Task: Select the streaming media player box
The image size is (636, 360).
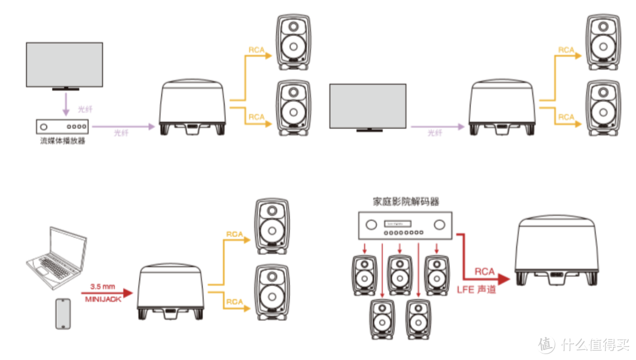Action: [x=62, y=126]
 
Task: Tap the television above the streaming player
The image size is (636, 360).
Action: [x=65, y=65]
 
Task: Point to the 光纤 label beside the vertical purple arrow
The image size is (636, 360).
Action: [x=85, y=110]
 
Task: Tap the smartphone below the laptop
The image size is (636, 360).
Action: [x=62, y=313]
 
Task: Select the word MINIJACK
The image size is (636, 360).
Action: [x=104, y=300]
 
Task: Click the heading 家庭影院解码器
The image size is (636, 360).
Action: [x=406, y=202]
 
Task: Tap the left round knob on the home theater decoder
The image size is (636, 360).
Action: [x=372, y=224]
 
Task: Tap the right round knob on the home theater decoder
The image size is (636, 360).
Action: [x=439, y=224]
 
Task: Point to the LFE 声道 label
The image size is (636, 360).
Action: [x=476, y=290]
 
